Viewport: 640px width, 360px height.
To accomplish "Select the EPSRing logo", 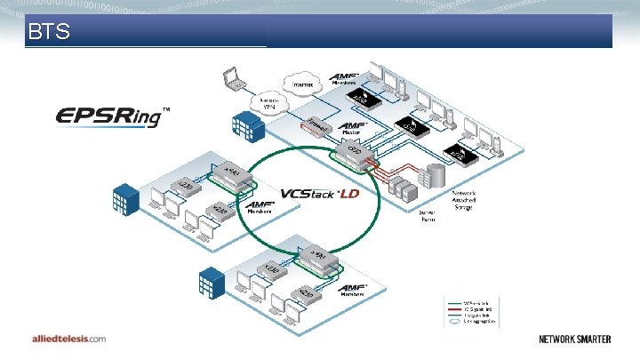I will [108, 116].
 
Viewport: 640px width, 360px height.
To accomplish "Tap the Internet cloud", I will [302, 85].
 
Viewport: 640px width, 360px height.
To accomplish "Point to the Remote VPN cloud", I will [270, 103].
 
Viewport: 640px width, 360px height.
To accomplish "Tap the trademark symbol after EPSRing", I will [165, 108].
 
